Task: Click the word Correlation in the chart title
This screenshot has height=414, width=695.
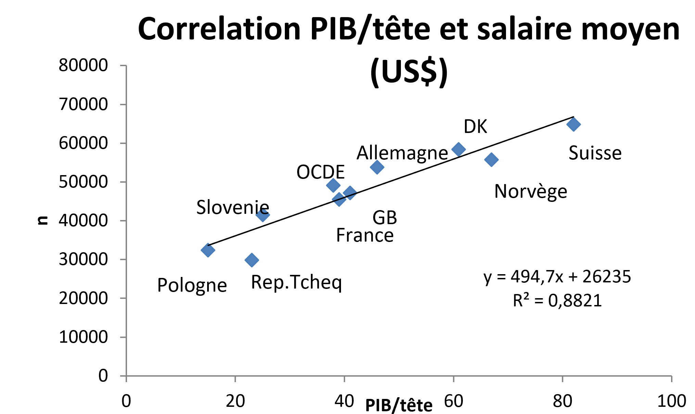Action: click(x=219, y=29)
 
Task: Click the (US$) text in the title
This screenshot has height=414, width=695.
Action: click(x=409, y=71)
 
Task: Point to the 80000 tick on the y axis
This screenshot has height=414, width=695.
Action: click(x=83, y=65)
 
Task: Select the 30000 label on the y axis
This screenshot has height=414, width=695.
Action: click(x=83, y=259)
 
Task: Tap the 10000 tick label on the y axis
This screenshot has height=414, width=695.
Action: click(x=83, y=337)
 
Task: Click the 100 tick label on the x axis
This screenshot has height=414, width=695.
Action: click(x=671, y=401)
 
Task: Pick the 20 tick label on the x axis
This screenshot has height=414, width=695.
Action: click(x=235, y=401)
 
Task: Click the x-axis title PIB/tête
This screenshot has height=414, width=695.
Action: click(x=399, y=406)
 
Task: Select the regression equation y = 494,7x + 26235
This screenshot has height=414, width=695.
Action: click(x=557, y=276)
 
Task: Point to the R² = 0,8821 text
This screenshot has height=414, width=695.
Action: click(x=557, y=301)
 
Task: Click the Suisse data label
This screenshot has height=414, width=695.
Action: click(x=595, y=153)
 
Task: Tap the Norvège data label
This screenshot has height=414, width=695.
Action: click(x=531, y=191)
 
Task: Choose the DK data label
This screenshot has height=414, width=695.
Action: click(x=475, y=126)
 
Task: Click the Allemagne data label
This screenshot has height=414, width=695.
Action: click(x=402, y=153)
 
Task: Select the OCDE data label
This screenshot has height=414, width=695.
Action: click(x=320, y=172)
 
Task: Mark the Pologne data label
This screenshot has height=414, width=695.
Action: click(x=192, y=285)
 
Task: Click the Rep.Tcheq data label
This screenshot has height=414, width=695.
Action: click(x=296, y=282)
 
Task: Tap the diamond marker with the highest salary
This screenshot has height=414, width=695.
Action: click(x=573, y=124)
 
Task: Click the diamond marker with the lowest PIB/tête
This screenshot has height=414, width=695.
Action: click(x=208, y=250)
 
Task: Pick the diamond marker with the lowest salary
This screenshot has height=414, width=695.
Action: click(x=252, y=260)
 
